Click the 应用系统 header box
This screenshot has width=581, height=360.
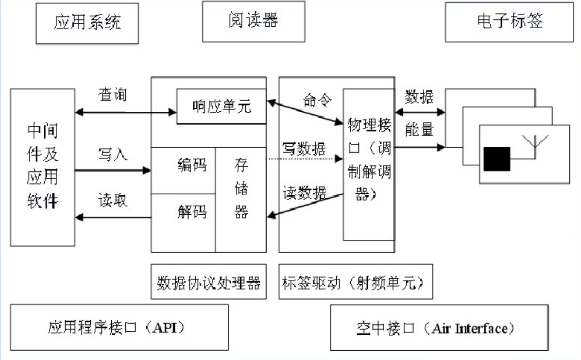coord(87,23)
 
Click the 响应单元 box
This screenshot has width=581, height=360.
coord(221,106)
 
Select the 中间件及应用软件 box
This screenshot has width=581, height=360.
coord(43,167)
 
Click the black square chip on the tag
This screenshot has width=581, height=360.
coord(496,159)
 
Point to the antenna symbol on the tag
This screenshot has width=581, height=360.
coord(534,142)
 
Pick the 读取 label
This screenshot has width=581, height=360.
coord(112,201)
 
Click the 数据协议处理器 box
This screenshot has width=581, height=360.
coord(209,282)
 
